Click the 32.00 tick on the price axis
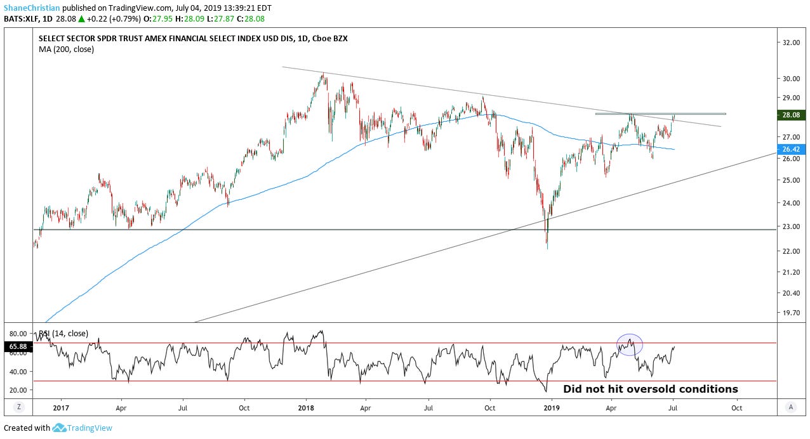click(791, 43)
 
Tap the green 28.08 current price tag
click(791, 115)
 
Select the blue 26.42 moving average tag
click(791, 150)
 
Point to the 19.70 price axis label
click(791, 313)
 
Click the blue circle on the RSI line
click(630, 344)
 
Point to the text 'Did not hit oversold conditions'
click(651, 389)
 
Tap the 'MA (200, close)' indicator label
click(66, 49)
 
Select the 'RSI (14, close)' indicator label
click(63, 333)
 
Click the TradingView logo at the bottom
click(83, 428)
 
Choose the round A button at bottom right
click(790, 407)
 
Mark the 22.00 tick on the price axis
click(791, 251)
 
